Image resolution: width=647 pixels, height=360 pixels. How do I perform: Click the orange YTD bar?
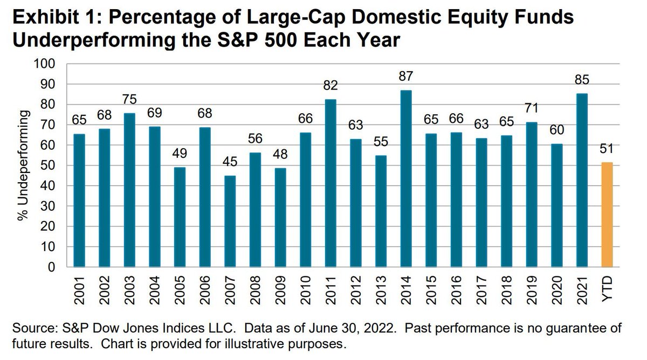coord(607,214)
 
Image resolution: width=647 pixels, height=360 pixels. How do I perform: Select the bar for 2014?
coord(406,178)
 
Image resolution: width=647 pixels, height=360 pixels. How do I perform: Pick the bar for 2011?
coord(331,183)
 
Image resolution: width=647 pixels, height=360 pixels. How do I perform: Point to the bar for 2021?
coord(582,180)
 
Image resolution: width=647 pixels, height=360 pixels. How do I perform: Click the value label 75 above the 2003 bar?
coord(129,100)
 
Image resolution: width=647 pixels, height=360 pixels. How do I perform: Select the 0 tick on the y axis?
coord(52,267)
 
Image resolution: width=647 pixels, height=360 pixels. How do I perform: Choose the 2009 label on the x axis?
coord(281,290)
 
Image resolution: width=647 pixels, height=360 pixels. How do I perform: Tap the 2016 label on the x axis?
coord(457,290)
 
